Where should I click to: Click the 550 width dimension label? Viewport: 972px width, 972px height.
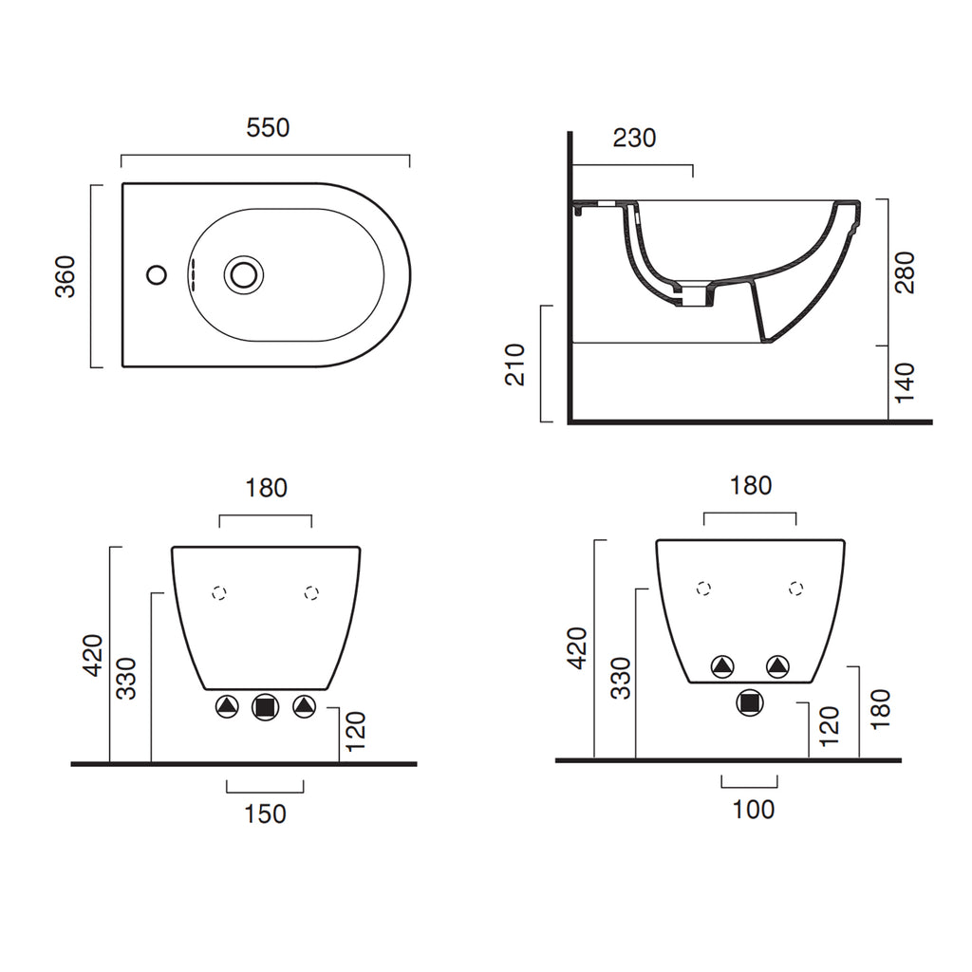tap(268, 128)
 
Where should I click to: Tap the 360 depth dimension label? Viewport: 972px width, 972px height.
tap(65, 276)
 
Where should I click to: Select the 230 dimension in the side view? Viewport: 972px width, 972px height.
tap(634, 139)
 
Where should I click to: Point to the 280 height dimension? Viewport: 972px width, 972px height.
tap(905, 272)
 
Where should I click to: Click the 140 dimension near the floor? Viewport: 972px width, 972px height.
tap(905, 383)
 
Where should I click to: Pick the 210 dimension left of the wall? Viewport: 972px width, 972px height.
tap(515, 364)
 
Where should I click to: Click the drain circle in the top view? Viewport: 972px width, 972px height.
tap(244, 274)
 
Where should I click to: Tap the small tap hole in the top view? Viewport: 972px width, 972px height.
tap(157, 274)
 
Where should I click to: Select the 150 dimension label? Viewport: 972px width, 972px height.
tap(266, 813)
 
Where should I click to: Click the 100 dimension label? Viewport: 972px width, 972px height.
tap(753, 810)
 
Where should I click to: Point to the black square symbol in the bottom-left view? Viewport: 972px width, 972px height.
tap(266, 706)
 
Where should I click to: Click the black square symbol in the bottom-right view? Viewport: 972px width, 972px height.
tap(750, 702)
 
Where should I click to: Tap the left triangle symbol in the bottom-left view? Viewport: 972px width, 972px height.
tap(227, 706)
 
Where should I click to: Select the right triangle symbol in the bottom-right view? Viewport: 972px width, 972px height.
tap(778, 666)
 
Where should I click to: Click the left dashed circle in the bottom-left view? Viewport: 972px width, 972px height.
tap(219, 593)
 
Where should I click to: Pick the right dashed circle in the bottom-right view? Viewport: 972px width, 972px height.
tap(796, 589)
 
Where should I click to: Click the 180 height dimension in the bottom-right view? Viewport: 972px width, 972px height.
tap(880, 708)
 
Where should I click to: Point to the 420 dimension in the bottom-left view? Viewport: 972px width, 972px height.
tap(93, 655)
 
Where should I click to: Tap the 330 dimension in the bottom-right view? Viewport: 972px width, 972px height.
tap(621, 678)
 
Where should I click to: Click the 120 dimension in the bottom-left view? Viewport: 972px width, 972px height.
tap(356, 731)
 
